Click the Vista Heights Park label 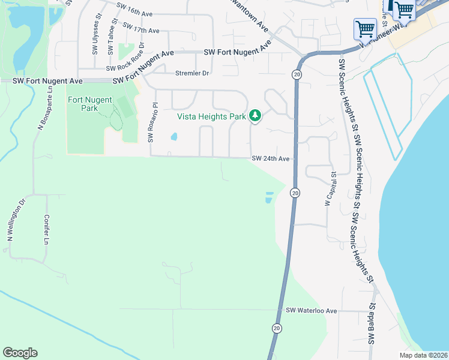click(211, 117)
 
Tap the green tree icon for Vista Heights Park click(255, 115)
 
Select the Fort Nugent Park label click(91, 104)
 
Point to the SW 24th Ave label click(271, 159)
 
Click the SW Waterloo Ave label click(312, 311)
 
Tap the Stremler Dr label click(192, 73)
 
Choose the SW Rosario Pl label click(153, 123)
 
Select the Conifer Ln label click(46, 230)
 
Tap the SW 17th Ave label click(141, 28)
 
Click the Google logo click(20, 353)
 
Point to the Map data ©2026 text click(423, 355)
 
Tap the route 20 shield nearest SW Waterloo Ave click(276, 328)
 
